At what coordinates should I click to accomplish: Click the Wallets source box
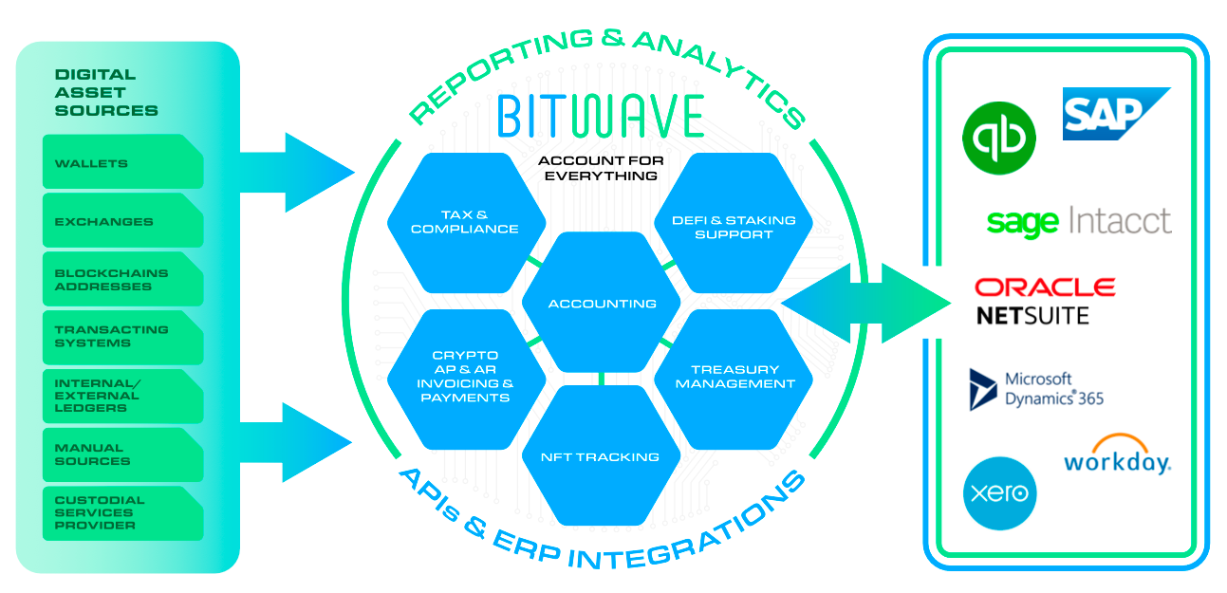click(x=122, y=162)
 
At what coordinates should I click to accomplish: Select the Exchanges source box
click(x=122, y=221)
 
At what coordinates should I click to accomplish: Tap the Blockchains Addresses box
click(x=122, y=279)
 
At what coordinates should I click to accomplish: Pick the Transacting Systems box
click(x=122, y=337)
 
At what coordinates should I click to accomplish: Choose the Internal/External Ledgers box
click(x=122, y=396)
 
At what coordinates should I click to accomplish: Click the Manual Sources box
click(x=122, y=454)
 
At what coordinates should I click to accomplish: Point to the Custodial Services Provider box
click(x=122, y=512)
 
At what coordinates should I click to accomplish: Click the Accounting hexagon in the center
click(x=602, y=304)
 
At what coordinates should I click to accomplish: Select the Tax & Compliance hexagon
click(x=465, y=222)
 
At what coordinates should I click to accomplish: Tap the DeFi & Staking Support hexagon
click(x=734, y=226)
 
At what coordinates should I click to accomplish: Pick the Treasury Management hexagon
click(x=734, y=377)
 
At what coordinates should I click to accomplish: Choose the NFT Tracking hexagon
click(x=600, y=456)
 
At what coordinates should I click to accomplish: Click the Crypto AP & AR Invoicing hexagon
click(x=465, y=377)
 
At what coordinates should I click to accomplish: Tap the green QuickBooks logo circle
click(x=998, y=139)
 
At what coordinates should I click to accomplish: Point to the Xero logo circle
click(x=999, y=493)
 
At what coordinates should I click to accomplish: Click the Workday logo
click(x=1117, y=457)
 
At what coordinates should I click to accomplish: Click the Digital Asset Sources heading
click(x=106, y=92)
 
